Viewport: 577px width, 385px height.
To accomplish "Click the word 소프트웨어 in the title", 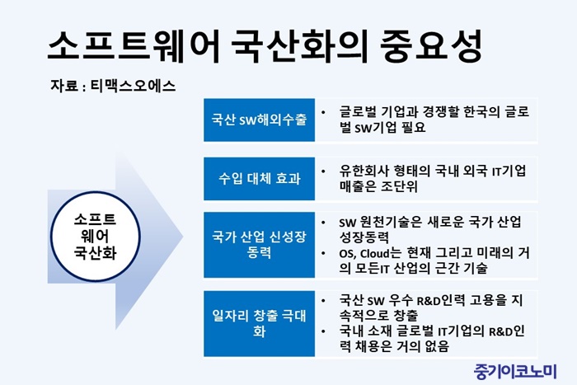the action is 134,45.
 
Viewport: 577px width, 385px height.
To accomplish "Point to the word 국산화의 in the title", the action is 300,45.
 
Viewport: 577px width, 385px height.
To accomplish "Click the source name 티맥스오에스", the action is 133,86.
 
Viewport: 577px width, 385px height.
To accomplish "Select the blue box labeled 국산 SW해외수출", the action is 259,120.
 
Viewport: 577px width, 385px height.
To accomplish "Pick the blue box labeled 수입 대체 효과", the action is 259,179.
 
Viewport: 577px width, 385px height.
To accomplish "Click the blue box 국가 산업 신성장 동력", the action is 259,244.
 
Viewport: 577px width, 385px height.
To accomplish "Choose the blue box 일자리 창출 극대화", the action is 259,323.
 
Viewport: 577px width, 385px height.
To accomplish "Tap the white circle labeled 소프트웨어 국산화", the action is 96,237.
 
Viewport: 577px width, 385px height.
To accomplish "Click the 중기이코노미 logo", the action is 515,371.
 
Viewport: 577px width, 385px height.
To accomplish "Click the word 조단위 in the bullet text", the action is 399,186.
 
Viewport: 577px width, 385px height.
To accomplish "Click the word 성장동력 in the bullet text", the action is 364,237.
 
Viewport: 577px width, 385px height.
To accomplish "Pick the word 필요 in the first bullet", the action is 414,127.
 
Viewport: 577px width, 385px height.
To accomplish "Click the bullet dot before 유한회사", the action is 323,171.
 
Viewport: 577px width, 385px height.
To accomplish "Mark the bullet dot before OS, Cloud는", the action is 323,253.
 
